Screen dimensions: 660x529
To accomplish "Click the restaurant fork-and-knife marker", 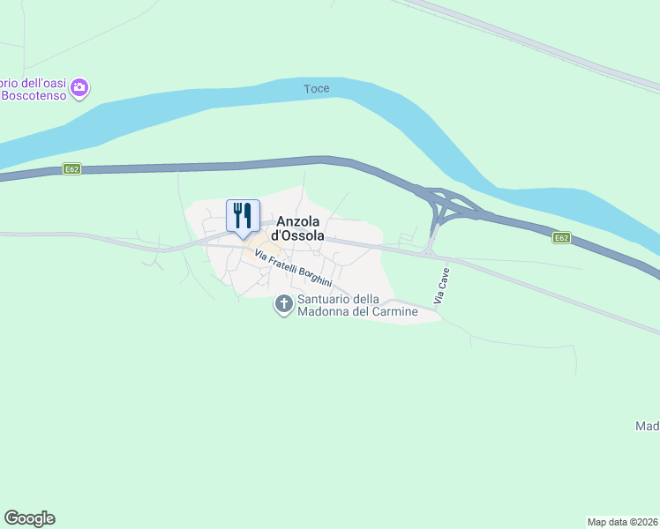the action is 243,216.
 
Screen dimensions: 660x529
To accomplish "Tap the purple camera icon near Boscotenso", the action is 80,87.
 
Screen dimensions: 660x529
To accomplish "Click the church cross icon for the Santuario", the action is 284,305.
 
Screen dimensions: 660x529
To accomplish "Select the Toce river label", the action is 316,89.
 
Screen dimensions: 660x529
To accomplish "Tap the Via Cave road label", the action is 442,287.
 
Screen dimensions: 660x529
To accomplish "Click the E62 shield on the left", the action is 72,168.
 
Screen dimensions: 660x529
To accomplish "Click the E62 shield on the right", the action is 562,237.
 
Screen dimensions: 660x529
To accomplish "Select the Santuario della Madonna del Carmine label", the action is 357,305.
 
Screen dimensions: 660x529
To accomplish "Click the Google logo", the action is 29,518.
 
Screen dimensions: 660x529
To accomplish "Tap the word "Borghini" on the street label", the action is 315,276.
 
